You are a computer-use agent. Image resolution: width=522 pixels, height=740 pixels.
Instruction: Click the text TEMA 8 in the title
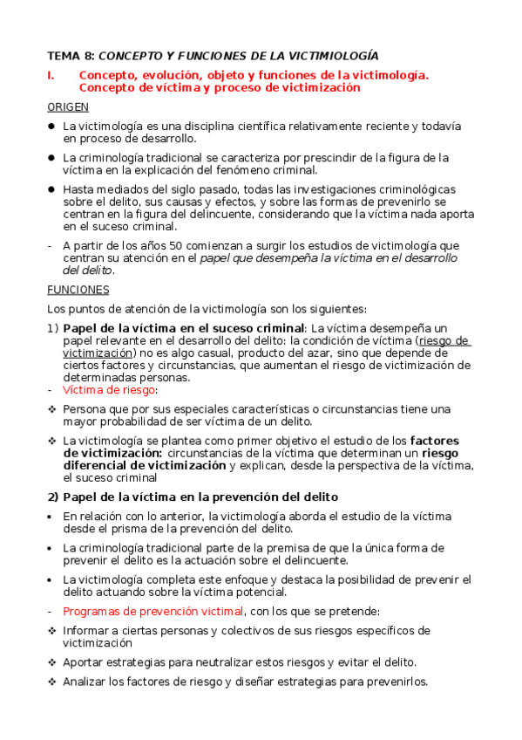pyautogui.click(x=70, y=55)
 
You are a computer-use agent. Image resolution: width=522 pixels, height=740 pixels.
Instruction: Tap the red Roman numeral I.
pyautogui.click(x=50, y=76)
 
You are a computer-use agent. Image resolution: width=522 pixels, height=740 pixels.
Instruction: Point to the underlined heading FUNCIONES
pyautogui.click(x=78, y=290)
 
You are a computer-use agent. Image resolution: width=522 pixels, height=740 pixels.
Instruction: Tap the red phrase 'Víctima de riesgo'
pyautogui.click(x=104, y=390)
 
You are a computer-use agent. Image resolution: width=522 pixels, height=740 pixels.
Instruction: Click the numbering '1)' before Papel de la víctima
pyautogui.click(x=52, y=328)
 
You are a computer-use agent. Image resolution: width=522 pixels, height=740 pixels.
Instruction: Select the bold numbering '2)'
pyautogui.click(x=52, y=497)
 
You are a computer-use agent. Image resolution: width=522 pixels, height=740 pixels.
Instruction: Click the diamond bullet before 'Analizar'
pyautogui.click(x=51, y=682)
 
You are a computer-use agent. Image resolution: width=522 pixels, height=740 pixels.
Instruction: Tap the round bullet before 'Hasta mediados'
pyautogui.click(x=51, y=188)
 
